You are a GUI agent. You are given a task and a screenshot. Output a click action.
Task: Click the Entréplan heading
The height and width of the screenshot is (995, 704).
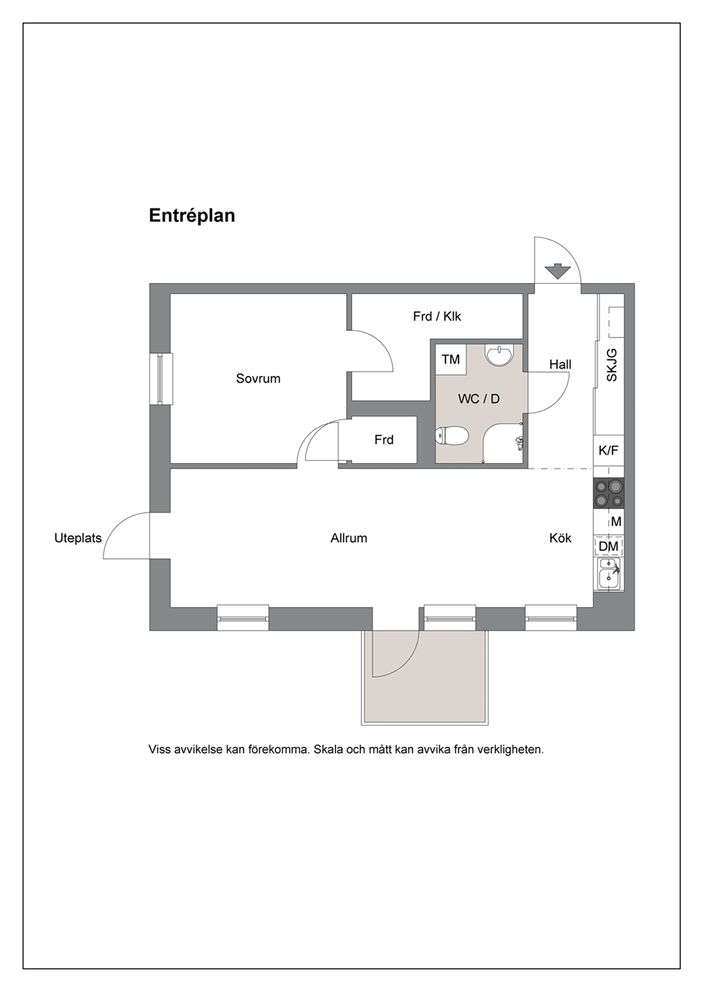192,216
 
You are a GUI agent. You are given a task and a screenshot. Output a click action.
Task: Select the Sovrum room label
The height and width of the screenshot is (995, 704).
258,379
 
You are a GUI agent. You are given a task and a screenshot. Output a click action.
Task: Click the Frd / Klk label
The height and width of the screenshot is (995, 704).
437,316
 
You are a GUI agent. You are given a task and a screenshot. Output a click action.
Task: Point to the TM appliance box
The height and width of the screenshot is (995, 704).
451,359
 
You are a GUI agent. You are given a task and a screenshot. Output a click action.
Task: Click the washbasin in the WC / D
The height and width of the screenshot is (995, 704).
500,355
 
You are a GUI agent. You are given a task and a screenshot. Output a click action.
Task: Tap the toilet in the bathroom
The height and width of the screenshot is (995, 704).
451,435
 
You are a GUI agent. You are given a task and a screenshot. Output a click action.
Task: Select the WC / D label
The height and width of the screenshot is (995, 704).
478,399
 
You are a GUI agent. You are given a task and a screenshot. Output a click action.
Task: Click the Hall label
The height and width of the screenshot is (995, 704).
560,365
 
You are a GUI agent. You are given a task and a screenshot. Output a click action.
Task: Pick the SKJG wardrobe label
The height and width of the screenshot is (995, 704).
612,365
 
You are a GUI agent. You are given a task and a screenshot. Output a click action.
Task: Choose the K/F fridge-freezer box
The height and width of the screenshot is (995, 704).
608,450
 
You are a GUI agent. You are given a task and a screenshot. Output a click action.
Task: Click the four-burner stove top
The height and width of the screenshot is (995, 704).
608,493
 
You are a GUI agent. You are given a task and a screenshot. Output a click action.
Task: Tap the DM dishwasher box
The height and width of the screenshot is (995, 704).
608,546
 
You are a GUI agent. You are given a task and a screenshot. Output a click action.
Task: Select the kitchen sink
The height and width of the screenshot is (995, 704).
608,574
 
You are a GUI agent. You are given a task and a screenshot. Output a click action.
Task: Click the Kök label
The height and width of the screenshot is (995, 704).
561,538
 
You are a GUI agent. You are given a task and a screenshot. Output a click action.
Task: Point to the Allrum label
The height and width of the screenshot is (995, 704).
349,538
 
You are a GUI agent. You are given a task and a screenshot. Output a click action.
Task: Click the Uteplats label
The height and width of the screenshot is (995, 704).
78,538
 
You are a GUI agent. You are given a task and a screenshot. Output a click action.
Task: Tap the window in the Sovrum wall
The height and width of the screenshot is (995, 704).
160,379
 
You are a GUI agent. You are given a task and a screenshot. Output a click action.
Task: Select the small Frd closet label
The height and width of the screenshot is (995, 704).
384,440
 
